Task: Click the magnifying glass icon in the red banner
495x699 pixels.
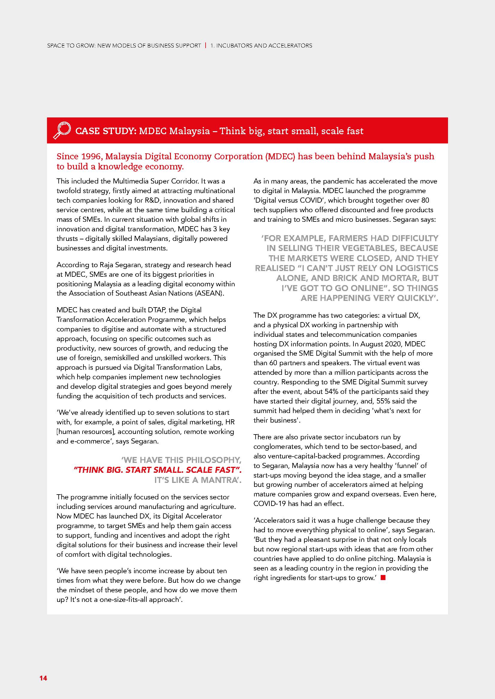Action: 62,130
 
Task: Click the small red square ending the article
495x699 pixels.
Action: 383,578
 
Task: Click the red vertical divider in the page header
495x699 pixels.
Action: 206,46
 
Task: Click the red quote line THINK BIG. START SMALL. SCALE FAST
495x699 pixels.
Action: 158,470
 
